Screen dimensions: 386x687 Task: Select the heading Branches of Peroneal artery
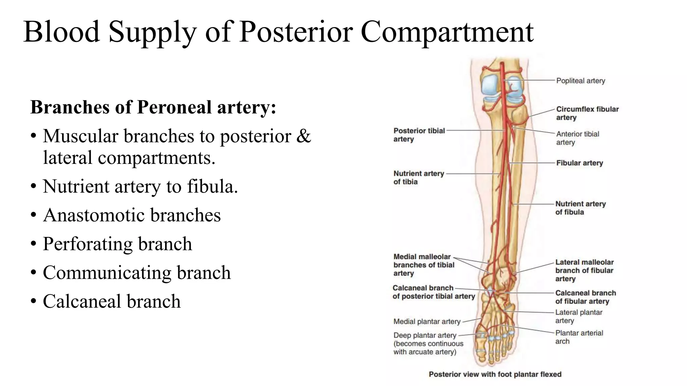coord(153,108)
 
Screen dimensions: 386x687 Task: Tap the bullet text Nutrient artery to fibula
coord(140,187)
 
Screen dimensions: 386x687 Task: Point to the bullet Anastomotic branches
coord(132,215)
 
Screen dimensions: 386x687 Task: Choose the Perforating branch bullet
coord(117,244)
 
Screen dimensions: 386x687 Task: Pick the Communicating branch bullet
coord(137,273)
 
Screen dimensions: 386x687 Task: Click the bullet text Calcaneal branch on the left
coord(112,301)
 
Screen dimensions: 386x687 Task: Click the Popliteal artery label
coord(580,81)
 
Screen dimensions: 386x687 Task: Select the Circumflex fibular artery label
coord(587,113)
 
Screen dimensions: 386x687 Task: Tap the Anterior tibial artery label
coord(577,138)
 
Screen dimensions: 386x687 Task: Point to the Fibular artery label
coord(579,163)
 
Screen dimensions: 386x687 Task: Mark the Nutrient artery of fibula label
coord(580,208)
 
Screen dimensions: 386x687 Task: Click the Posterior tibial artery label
coord(419,135)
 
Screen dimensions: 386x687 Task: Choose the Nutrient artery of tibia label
coord(418,178)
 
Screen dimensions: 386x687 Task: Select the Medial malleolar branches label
coord(423,265)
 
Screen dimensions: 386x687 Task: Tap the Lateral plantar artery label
coord(578,316)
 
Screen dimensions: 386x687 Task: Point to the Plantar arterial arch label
coord(579,337)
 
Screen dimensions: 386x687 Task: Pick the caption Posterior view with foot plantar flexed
coord(495,374)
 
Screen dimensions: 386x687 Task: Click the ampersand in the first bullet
coord(304,136)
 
